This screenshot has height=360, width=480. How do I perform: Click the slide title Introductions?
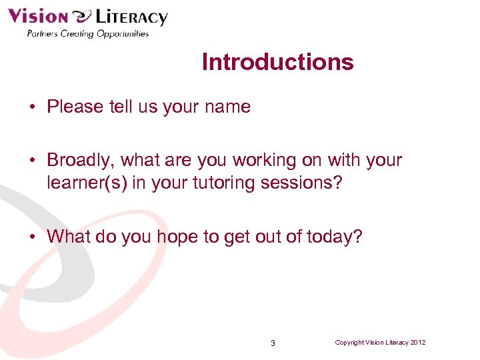click(x=277, y=62)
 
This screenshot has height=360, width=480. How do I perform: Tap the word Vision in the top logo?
click(x=38, y=16)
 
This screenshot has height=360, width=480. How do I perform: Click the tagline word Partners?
click(x=41, y=33)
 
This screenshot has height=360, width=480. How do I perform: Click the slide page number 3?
click(x=273, y=343)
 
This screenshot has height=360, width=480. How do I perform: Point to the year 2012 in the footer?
click(x=418, y=343)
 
